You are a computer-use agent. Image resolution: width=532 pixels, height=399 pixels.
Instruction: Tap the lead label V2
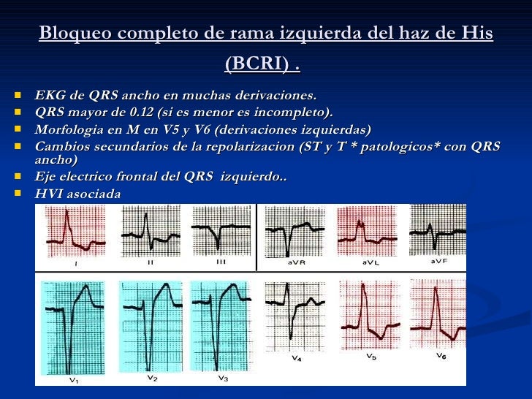[151, 378]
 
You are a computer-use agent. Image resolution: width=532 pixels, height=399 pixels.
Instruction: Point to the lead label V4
[297, 358]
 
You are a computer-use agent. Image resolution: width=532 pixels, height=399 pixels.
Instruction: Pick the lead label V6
[441, 356]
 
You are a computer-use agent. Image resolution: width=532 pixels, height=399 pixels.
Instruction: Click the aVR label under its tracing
[296, 262]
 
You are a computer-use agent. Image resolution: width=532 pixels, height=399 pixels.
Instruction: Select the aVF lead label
[440, 261]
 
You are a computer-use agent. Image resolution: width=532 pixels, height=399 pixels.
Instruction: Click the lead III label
[221, 260]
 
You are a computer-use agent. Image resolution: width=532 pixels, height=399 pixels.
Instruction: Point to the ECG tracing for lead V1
[73, 325]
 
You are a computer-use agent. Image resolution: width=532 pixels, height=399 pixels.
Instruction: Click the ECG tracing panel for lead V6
[438, 314]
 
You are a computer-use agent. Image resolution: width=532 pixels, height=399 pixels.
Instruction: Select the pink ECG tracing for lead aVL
[366, 230]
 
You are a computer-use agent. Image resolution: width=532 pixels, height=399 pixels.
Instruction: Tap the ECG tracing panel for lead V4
[294, 314]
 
